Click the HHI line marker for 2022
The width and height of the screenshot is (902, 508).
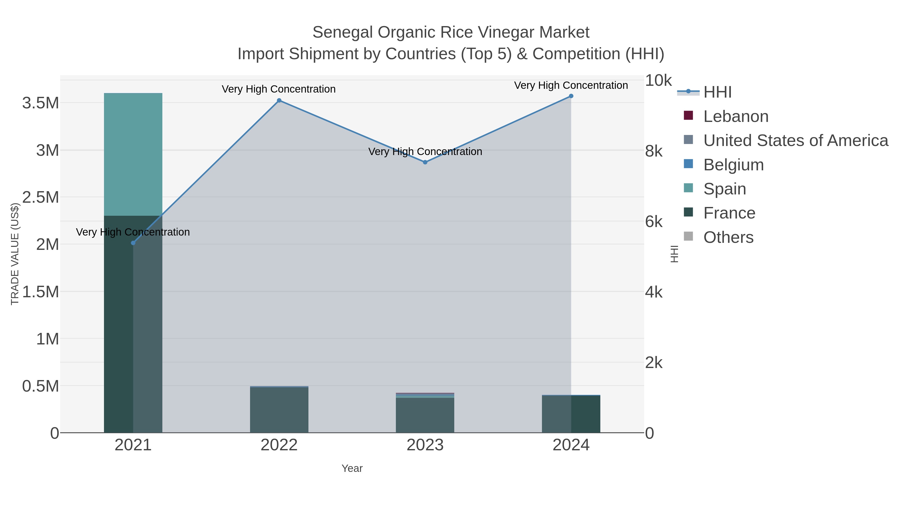point(279,101)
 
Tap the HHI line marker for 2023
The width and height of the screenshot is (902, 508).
point(425,162)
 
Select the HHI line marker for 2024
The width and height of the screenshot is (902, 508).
point(571,96)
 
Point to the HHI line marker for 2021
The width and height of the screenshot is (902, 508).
point(133,243)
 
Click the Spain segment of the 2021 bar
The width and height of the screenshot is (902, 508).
point(133,154)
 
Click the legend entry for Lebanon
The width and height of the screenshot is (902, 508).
point(736,116)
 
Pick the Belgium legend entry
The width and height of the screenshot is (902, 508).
point(733,165)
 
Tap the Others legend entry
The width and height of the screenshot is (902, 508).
point(728,237)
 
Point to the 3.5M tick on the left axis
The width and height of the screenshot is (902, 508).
point(41,103)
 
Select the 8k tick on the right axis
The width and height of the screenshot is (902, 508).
point(654,152)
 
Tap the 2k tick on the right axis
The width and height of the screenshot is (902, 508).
point(654,363)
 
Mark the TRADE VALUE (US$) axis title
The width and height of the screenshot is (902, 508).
point(15,254)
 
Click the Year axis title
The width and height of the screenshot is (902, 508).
point(352,468)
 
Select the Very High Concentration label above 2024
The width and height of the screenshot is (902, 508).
point(571,86)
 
